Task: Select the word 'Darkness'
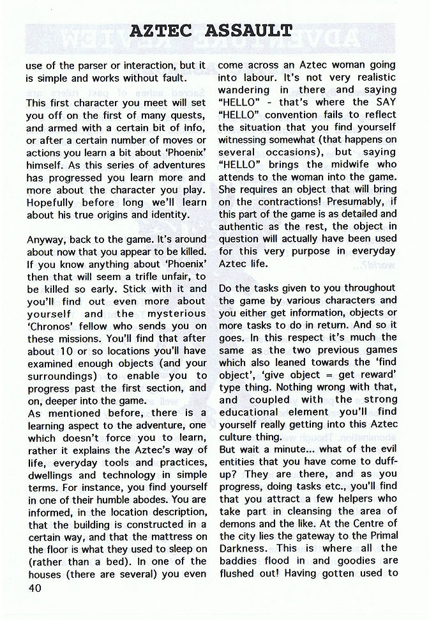point(244,548)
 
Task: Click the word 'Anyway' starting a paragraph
point(46,239)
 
